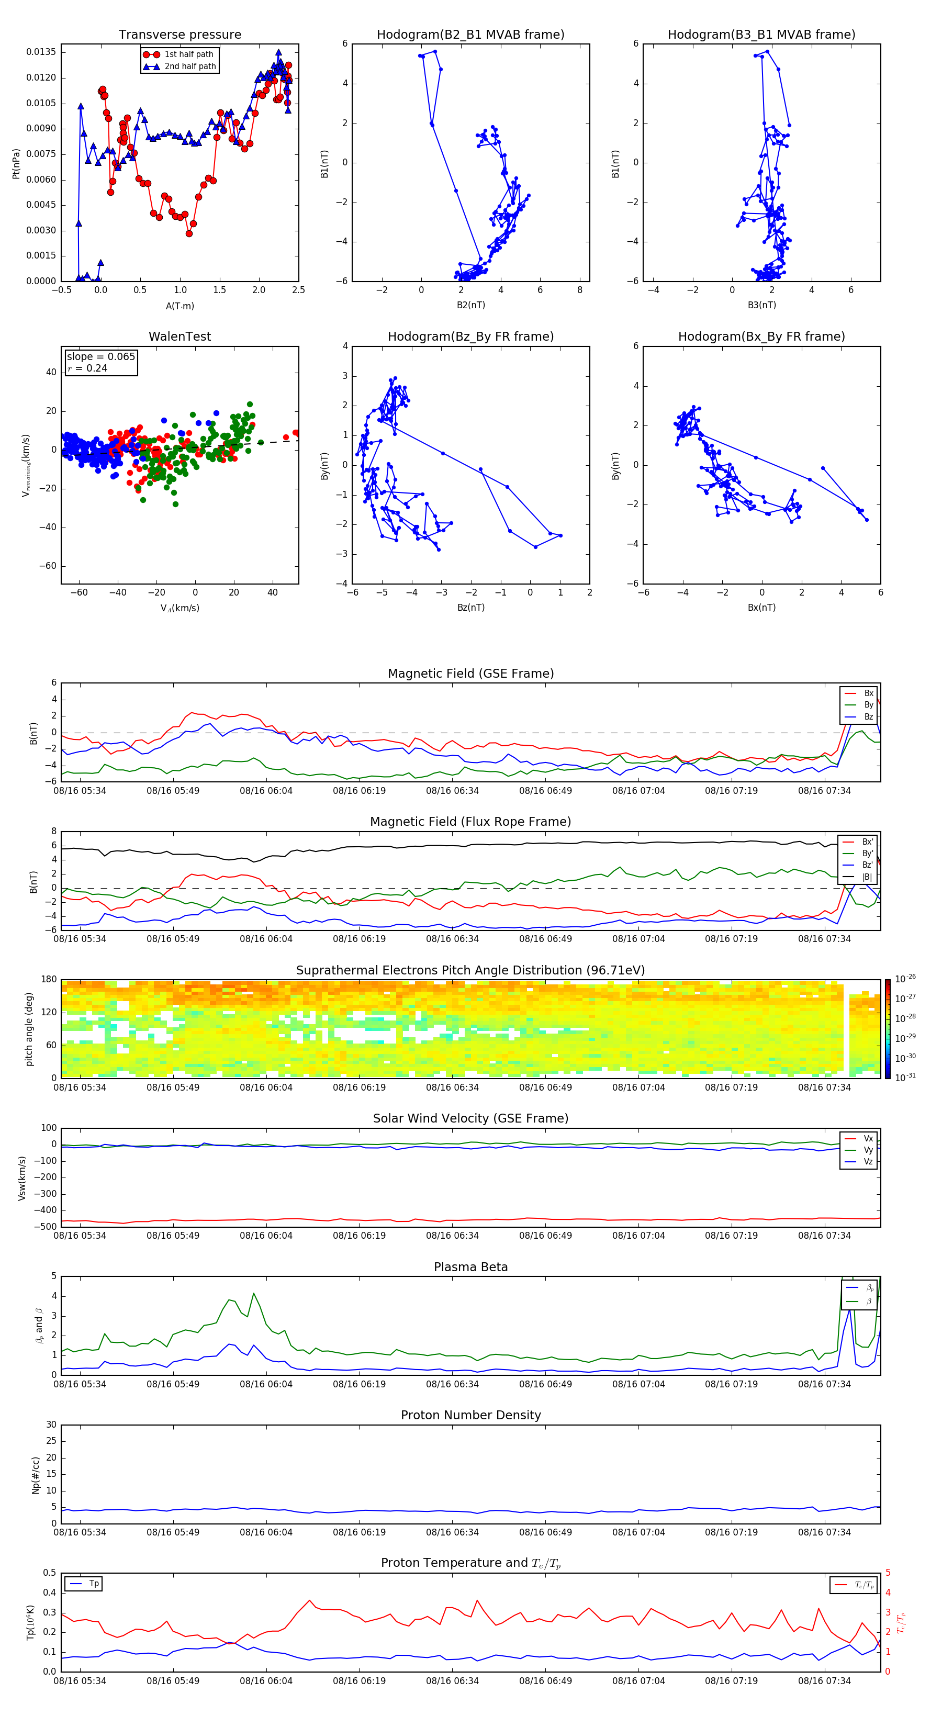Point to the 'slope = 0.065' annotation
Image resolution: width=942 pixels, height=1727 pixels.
tap(100, 357)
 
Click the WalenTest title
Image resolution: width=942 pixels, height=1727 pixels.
tap(180, 337)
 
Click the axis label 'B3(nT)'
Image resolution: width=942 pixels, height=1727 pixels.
tap(761, 305)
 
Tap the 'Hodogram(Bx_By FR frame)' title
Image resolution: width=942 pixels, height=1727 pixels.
tap(761, 337)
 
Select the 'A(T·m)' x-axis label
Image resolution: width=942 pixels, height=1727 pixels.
tap(180, 306)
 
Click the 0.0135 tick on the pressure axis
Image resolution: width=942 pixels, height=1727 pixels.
tap(41, 52)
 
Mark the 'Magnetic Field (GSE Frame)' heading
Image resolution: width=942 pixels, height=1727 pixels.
tap(470, 673)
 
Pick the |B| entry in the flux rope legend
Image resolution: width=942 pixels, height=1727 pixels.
tap(867, 877)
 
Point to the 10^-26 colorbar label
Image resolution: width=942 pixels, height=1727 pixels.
tap(905, 979)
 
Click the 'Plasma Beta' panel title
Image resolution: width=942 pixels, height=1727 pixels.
tap(470, 1267)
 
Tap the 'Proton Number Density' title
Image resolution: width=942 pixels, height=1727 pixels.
tap(470, 1415)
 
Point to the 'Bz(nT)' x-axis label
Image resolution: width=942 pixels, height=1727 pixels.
tap(470, 608)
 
